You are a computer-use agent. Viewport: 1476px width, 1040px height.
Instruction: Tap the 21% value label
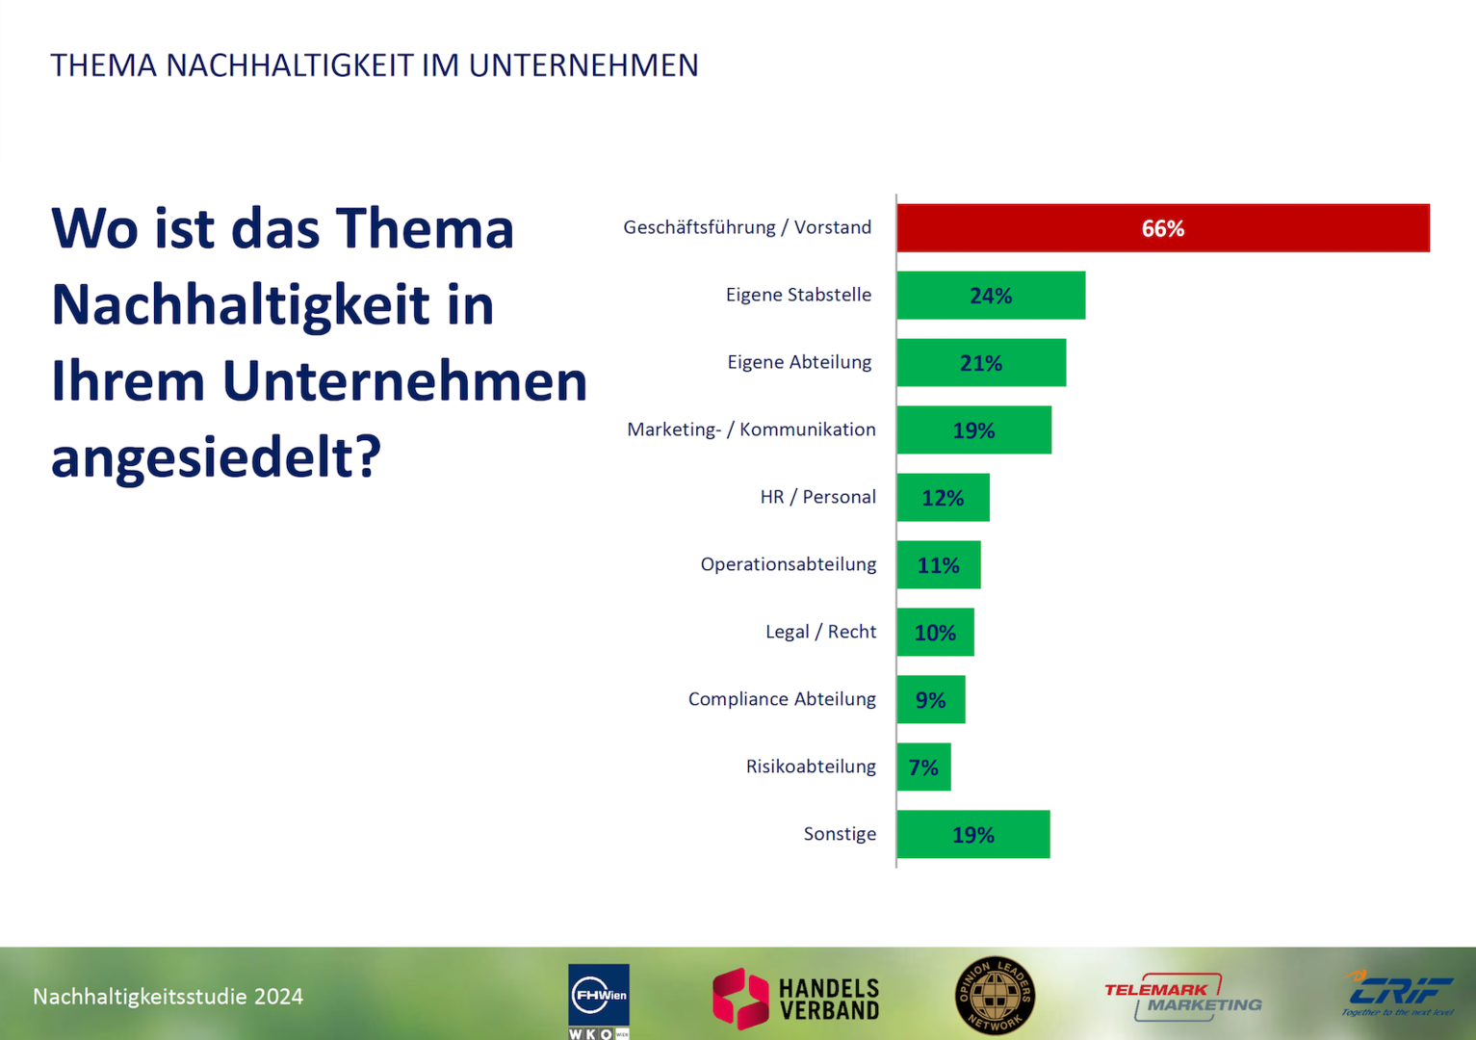(980, 363)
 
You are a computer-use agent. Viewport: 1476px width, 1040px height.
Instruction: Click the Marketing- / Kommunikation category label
(751, 429)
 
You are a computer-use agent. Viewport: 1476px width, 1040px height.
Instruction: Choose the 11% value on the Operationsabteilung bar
(938, 565)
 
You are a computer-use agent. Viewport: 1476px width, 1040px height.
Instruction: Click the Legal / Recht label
(820, 632)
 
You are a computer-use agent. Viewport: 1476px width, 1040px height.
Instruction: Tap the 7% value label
(922, 767)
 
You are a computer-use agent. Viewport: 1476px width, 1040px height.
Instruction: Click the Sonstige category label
(840, 834)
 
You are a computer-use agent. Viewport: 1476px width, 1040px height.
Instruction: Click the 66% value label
(1162, 229)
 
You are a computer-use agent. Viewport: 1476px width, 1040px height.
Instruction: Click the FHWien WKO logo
(598, 1001)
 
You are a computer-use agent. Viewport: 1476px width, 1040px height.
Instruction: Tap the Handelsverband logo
(796, 999)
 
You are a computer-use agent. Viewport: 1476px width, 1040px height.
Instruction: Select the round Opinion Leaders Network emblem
(995, 996)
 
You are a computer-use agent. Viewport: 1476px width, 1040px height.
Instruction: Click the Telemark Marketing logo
(1182, 997)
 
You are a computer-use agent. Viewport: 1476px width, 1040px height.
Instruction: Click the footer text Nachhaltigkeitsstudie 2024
(168, 997)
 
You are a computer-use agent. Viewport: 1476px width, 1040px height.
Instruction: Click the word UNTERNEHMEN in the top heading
(583, 65)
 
